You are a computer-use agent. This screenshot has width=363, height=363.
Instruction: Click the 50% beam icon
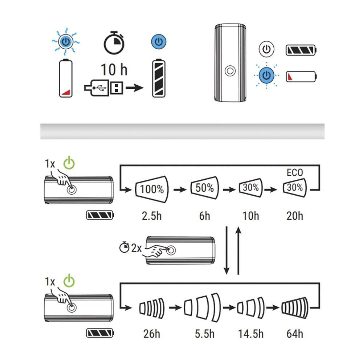pos(204,188)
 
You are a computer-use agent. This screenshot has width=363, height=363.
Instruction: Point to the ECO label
pos(294,173)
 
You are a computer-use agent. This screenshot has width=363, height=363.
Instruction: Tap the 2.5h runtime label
pos(151,216)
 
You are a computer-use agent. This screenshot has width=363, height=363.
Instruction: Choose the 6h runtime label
pos(204,216)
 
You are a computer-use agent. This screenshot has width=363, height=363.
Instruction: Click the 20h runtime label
pos(294,216)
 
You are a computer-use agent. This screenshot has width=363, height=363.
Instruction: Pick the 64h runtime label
pos(294,333)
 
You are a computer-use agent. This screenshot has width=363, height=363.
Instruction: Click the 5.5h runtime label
pos(204,333)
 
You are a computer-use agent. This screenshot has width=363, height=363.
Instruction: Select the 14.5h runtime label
pos(250,333)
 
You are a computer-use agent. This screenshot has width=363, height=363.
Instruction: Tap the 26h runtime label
pos(151,333)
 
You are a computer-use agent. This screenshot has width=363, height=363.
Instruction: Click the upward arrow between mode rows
pos(238,250)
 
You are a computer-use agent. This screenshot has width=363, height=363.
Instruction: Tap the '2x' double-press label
pos(136,248)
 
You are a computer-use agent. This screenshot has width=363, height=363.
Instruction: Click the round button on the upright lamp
pos(230,70)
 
